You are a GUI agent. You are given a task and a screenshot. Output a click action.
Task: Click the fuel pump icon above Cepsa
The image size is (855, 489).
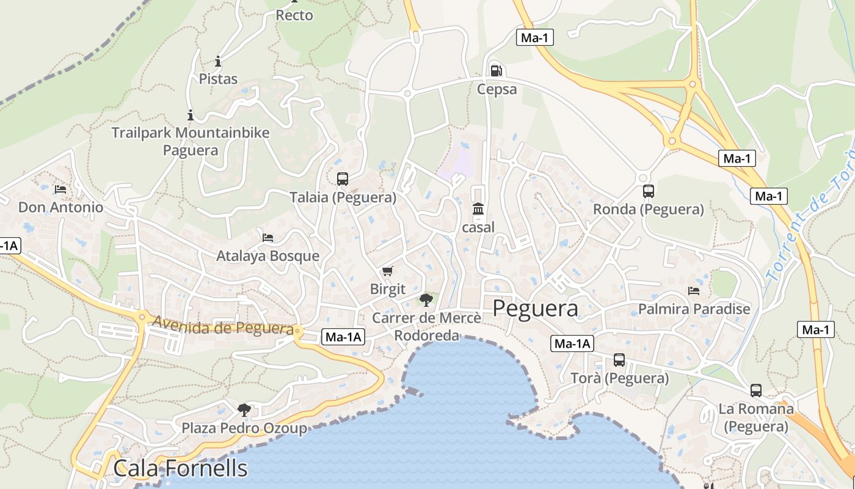coord(497,71)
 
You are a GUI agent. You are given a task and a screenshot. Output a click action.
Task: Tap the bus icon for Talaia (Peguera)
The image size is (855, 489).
coord(343,178)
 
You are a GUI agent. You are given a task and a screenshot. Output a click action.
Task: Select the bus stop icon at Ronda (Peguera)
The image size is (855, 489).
coord(649,191)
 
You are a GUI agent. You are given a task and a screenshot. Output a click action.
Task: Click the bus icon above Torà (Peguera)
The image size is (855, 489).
coord(619,359)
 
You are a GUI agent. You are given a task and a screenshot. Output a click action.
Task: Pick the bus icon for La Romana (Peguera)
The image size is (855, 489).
coord(756,390)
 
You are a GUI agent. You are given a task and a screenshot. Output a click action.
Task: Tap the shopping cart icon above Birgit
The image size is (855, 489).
coord(387,270)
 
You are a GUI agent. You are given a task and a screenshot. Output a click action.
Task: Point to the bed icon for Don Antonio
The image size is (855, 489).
coord(60,189)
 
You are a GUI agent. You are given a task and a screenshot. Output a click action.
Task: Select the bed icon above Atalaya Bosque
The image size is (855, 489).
coord(267,237)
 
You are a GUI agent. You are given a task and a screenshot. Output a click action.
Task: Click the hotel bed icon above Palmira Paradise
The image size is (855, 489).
coord(694,290)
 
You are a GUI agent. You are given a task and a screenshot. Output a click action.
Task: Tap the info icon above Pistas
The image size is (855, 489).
coord(218,61)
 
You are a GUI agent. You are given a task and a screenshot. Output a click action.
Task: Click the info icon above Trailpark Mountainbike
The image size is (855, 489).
coord(191,114)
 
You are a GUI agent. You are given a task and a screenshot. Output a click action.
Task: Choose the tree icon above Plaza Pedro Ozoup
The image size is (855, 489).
coord(244,408)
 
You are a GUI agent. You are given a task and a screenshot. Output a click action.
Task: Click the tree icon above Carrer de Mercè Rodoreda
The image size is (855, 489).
coord(426,299)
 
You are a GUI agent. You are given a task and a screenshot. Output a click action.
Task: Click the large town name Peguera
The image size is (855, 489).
coord(535,308)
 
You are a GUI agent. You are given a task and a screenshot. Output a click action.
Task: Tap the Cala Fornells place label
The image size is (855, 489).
coord(181,468)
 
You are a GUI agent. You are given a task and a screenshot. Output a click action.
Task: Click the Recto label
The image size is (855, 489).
coord(294,15)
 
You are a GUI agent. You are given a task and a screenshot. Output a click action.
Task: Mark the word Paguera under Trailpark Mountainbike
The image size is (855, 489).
coord(191,150)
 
